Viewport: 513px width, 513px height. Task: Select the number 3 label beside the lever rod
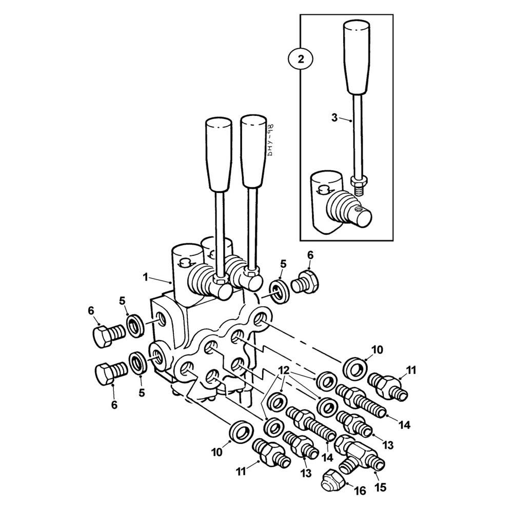(x=334, y=117)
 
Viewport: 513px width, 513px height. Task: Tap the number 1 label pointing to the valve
(x=146, y=277)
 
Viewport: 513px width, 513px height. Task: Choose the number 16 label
(x=360, y=491)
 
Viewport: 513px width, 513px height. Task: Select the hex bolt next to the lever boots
(x=306, y=283)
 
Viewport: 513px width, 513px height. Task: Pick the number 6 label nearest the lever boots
(x=310, y=255)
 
